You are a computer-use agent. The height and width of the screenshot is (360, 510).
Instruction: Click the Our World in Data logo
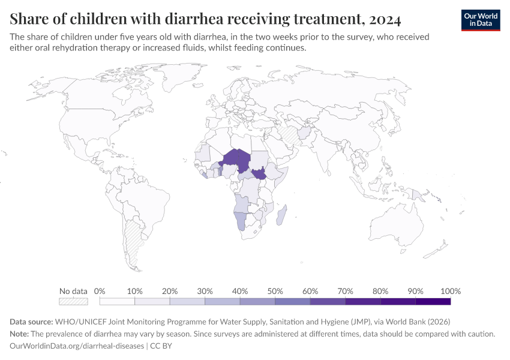[x=480, y=20]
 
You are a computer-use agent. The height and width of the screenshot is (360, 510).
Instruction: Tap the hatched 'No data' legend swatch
[x=73, y=302]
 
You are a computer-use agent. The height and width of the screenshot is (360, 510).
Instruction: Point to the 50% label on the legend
[x=275, y=291]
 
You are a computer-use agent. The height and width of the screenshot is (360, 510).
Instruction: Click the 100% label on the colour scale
[x=450, y=291]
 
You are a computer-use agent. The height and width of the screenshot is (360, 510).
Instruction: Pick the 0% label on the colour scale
[x=100, y=291]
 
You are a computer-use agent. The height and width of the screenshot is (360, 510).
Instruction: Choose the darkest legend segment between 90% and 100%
[x=433, y=302]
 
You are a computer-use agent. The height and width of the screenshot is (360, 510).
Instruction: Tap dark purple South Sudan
[x=260, y=175]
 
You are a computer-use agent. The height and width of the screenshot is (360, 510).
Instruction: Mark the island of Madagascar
[x=282, y=215]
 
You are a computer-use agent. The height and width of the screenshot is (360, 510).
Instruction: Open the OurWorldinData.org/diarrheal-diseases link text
[x=77, y=346]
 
